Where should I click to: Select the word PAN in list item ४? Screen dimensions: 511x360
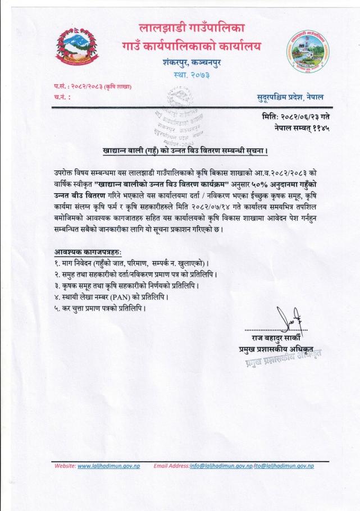(125, 295)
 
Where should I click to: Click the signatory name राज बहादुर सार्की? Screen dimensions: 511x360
(271, 338)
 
